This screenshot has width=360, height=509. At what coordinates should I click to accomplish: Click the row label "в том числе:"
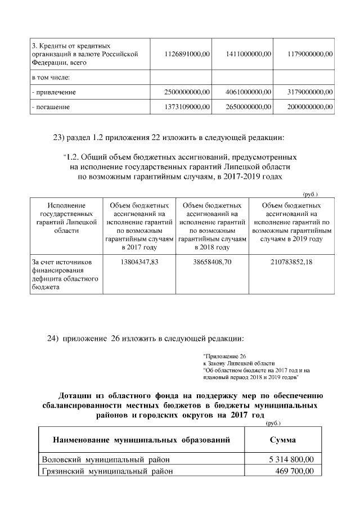(51, 76)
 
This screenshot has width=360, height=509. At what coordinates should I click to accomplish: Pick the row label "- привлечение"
(54, 92)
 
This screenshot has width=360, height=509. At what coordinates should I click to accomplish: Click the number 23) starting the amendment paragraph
(59, 138)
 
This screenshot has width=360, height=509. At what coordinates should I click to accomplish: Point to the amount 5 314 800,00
(291, 460)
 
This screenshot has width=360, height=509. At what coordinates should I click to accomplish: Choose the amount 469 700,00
(296, 471)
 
